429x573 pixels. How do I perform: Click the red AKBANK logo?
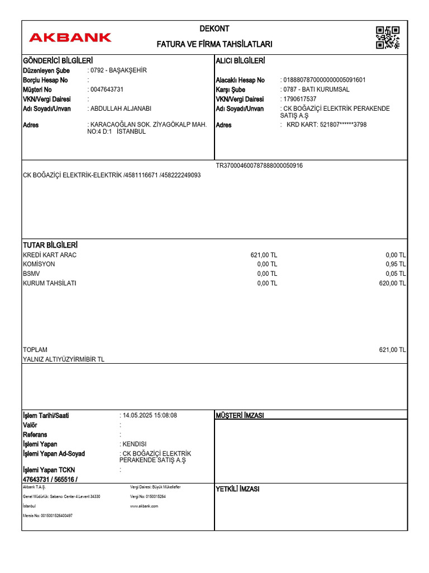70,37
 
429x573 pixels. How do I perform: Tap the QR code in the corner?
388,37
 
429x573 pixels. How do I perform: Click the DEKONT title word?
214,29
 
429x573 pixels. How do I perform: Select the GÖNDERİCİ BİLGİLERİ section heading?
58,60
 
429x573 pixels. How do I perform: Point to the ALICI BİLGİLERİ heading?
240,60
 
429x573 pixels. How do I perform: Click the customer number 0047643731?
107,90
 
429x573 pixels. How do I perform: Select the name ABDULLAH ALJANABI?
121,109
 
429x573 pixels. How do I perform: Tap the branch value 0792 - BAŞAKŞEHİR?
118,71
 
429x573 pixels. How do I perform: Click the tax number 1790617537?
300,99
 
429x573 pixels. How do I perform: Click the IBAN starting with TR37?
259,166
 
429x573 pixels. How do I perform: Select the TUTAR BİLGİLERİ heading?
50,245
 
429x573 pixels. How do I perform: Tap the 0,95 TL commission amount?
395,264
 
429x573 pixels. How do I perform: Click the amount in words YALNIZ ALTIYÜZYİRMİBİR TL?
64,359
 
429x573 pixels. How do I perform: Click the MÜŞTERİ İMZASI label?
240,415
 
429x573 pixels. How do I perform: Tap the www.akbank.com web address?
144,506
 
